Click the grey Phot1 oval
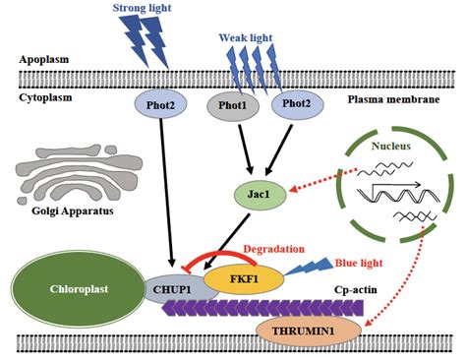tap(233, 106)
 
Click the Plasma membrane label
tap(397, 101)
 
